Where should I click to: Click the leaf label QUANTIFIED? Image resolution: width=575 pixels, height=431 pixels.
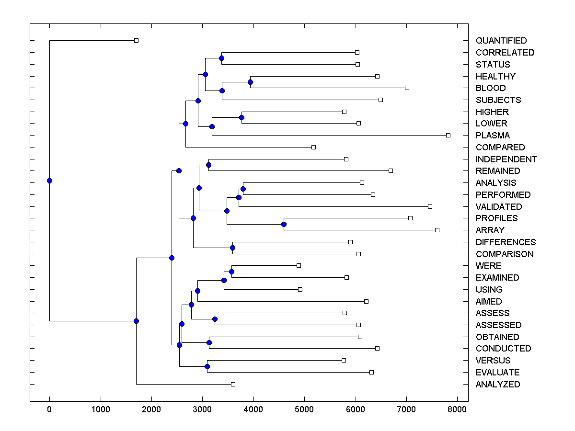click(501, 41)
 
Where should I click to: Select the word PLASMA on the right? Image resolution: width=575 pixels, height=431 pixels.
click(493, 136)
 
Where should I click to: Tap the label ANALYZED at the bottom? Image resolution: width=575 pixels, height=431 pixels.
click(497, 385)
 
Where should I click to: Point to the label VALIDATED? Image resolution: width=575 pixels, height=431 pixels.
click(499, 207)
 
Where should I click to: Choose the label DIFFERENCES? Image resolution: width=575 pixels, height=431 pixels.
click(506, 242)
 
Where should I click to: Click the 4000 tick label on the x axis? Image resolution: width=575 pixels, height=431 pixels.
click(253, 409)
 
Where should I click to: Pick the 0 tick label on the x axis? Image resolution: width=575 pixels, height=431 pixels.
click(49, 409)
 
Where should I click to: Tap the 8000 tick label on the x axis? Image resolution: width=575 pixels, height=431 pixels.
click(457, 409)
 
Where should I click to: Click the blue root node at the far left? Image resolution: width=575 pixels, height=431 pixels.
click(49, 181)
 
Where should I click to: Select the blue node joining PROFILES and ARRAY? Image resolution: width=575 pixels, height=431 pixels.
click(284, 224)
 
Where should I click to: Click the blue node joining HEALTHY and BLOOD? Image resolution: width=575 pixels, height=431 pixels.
click(250, 82)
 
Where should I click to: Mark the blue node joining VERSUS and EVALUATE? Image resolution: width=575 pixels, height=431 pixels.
click(207, 366)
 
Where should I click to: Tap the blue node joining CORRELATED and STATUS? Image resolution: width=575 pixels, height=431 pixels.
click(221, 58)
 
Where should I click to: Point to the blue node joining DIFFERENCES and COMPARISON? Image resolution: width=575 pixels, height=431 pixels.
click(232, 248)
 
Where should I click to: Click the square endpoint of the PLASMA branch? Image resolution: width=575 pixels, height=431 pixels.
click(448, 135)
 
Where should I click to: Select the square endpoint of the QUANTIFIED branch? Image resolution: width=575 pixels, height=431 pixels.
click(136, 40)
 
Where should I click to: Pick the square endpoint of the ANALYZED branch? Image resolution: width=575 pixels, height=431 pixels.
click(233, 384)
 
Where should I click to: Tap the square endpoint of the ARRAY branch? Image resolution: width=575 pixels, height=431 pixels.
click(437, 230)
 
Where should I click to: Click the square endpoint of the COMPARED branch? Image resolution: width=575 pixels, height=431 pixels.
click(313, 147)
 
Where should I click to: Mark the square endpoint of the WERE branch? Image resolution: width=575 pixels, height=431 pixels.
click(299, 265)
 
